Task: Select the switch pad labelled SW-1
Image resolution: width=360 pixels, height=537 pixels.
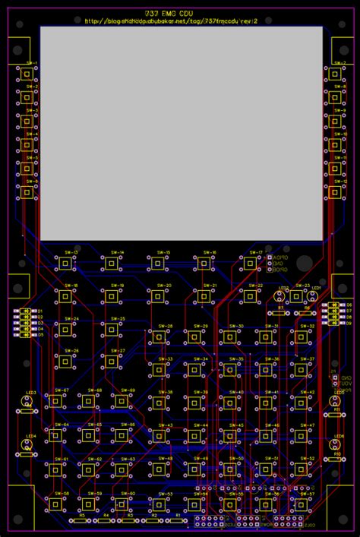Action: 28,74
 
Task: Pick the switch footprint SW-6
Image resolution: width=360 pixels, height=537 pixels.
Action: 28,193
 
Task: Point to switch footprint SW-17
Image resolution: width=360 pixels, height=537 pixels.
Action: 248,263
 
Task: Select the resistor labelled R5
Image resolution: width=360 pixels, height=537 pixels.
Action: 81,521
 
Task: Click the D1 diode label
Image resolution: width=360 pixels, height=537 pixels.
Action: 40,311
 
